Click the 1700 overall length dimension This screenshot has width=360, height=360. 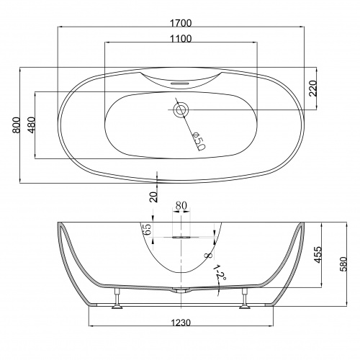(181, 23)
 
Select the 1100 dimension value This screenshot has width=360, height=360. (181, 39)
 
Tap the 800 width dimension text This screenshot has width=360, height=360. (17, 125)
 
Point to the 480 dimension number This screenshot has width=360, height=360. (31, 125)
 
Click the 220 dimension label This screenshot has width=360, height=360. (313, 89)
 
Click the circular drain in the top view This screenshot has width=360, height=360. (181, 110)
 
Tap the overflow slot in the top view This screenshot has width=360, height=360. (180, 84)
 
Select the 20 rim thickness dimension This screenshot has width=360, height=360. (154, 197)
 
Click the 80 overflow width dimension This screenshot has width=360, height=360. (181, 205)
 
